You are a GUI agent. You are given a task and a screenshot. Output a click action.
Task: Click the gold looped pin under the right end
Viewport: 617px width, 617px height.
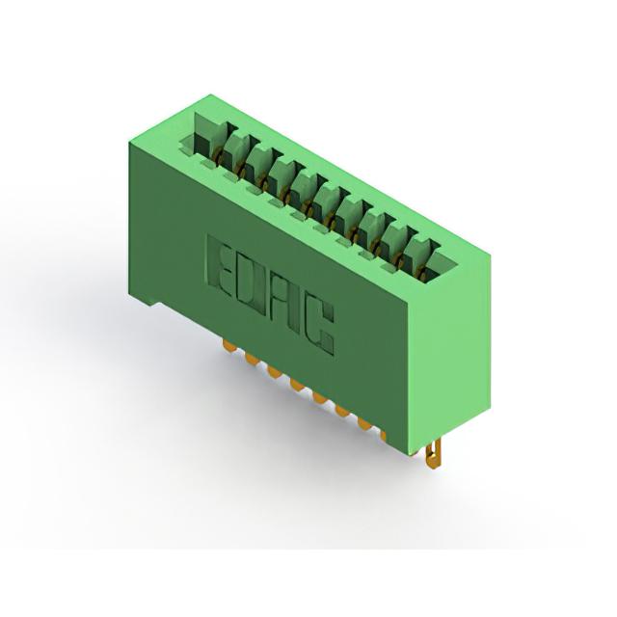434,454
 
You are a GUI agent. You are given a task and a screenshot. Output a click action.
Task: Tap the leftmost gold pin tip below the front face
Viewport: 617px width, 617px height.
228,346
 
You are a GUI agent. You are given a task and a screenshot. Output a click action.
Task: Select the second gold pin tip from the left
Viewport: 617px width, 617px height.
251,359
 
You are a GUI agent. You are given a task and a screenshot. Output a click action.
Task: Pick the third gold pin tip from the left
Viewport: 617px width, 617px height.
274,370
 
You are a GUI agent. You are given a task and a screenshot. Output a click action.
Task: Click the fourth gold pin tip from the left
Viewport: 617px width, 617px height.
297,384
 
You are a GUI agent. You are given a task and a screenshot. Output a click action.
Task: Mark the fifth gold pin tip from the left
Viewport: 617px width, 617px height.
319,397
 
